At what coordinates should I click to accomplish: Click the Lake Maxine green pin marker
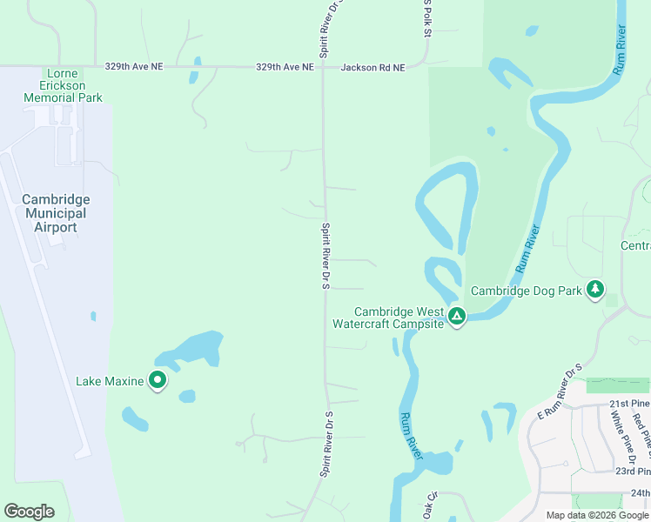tap(158, 380)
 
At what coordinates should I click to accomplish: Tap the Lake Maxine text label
tap(109, 381)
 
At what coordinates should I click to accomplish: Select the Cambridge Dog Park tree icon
tap(595, 289)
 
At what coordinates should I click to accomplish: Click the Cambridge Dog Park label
tap(526, 291)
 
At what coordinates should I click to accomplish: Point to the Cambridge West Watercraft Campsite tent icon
tap(457, 317)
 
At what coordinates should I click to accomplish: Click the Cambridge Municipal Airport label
tap(57, 213)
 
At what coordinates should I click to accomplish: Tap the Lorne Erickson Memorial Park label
tap(63, 84)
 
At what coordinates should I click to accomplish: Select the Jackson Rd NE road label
tap(373, 68)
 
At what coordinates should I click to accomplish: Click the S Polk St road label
tap(427, 18)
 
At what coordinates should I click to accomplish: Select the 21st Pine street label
tap(629, 404)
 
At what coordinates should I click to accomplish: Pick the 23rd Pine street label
tap(630, 471)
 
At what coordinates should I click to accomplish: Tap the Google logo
tap(29, 512)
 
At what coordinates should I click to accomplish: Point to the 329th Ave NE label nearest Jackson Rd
tap(285, 66)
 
